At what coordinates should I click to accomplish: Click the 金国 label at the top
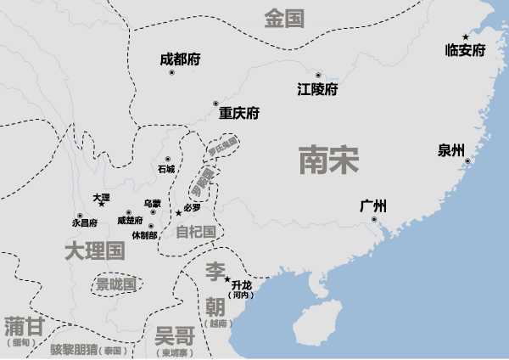pyautogui.click(x=283, y=19)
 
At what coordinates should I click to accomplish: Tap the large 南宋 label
pyautogui.click(x=328, y=159)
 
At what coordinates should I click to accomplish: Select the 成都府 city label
pyautogui.click(x=180, y=59)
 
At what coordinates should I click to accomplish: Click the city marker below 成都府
pyautogui.click(x=171, y=73)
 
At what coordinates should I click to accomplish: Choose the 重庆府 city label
pyautogui.click(x=238, y=113)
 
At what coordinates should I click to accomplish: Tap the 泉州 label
pyautogui.click(x=451, y=151)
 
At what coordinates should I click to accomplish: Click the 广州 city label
pyautogui.click(x=373, y=205)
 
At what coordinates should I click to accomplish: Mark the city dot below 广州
pyautogui.click(x=374, y=220)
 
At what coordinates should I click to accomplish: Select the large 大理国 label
pyautogui.click(x=94, y=250)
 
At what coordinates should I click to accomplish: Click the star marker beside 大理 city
pyautogui.click(x=102, y=205)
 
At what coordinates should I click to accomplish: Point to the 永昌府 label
pyautogui.click(x=85, y=222)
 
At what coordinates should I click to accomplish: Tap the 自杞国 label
pyautogui.click(x=194, y=231)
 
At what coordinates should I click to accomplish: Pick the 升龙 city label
pyautogui.click(x=242, y=284)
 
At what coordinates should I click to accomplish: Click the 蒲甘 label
pyautogui.click(x=24, y=327)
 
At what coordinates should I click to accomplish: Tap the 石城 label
pyautogui.click(x=165, y=169)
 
